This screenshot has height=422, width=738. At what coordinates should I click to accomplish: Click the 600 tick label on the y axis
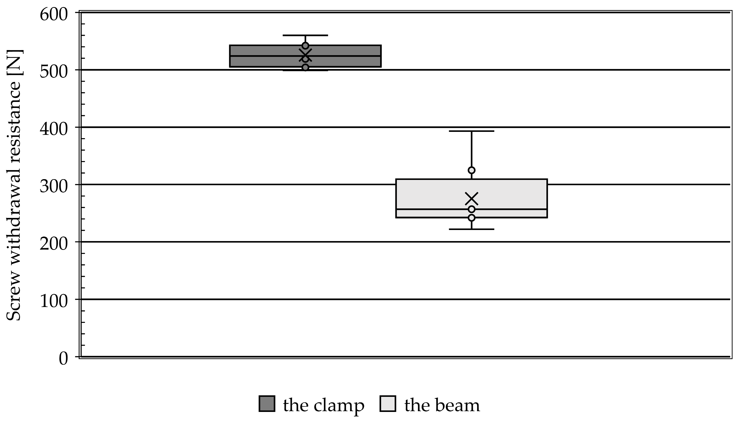pos(54,15)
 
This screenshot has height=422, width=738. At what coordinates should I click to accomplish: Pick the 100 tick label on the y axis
pos(54,301)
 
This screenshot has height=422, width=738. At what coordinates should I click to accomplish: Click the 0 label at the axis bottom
pos(63,359)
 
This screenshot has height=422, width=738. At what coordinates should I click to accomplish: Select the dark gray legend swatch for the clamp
pos(267,404)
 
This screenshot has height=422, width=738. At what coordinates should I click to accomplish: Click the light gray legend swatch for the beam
pos(388,404)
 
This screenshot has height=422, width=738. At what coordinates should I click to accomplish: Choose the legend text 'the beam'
pos(442,405)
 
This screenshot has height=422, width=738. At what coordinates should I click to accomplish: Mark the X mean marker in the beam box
pos(472,199)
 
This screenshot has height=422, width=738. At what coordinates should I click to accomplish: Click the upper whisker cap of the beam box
pos(472,131)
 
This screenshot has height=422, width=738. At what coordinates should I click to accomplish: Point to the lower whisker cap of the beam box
pos(472,229)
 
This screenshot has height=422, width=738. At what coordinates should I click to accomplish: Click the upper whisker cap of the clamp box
pos(305,35)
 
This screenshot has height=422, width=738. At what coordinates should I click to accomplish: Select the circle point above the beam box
pos(472,170)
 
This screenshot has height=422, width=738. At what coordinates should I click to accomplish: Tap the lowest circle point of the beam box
pos(472,218)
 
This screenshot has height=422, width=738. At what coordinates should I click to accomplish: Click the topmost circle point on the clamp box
pos(305,46)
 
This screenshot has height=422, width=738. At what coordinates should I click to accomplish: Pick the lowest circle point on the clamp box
pos(305,67)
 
